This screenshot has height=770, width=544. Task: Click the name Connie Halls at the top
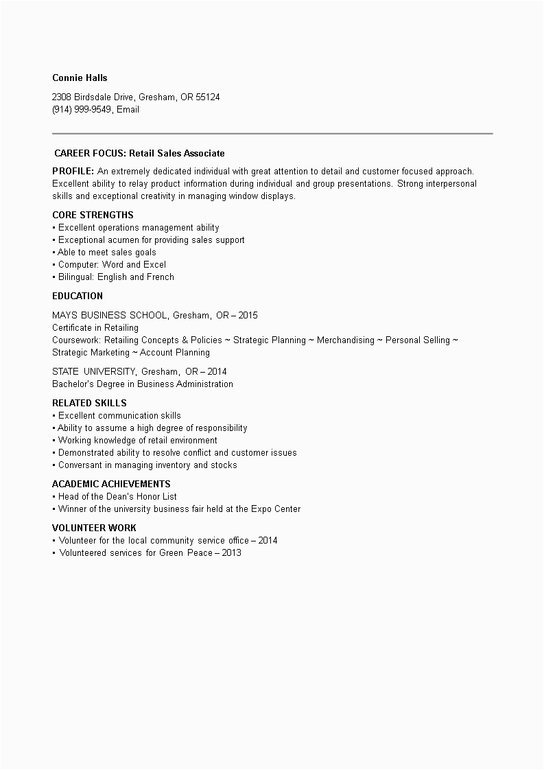[x=80, y=78]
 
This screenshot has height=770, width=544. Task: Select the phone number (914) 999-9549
[x=82, y=109]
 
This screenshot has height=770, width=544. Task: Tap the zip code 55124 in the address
[x=208, y=97]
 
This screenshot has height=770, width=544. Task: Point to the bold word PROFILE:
[x=73, y=171]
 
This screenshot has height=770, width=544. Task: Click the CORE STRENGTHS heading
[x=93, y=215]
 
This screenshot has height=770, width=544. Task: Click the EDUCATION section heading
[x=78, y=296]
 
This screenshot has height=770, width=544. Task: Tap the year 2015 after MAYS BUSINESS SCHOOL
[x=248, y=315]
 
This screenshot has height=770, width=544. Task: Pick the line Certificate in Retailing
[x=95, y=327]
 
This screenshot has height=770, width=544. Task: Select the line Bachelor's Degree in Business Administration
[x=143, y=384]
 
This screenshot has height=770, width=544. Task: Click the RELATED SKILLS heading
[x=89, y=403]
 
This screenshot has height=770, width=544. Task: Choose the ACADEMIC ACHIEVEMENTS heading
[x=111, y=484]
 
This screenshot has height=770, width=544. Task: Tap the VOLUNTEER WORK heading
[x=94, y=528]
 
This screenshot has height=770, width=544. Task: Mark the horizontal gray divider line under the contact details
[x=272, y=133]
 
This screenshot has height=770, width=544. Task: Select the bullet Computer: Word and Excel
[x=111, y=264]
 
